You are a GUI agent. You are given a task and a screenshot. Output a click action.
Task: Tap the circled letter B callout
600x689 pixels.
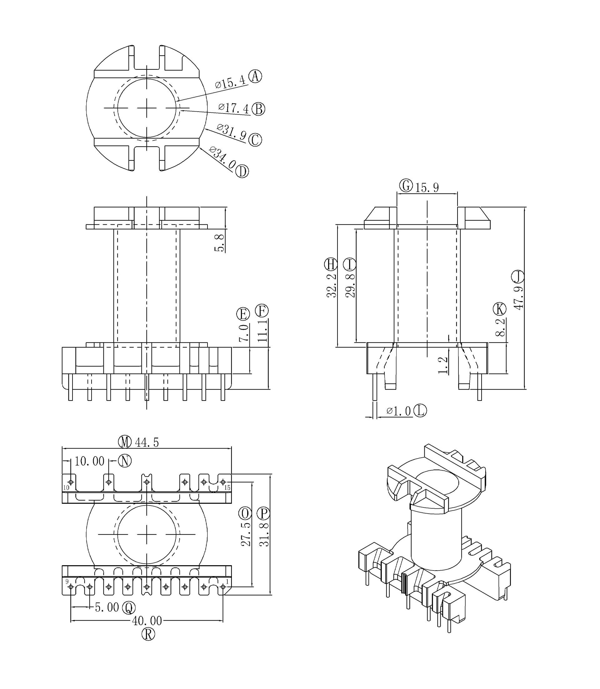258,109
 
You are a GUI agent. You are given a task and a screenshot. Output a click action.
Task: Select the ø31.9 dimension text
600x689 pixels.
231,132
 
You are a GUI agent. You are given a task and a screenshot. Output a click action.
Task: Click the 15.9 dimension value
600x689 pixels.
427,188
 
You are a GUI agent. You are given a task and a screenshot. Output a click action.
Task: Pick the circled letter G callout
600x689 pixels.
406,185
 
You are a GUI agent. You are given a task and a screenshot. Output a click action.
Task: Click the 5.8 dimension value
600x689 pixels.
220,243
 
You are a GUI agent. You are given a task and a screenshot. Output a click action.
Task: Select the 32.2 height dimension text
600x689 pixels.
332,285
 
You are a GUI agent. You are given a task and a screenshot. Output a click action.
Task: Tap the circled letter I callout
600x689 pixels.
350,264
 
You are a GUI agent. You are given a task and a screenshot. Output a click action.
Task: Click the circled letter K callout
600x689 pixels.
500,309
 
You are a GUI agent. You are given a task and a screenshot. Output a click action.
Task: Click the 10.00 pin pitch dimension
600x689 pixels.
89,461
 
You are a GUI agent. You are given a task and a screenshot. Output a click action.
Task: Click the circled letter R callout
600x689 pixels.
148,634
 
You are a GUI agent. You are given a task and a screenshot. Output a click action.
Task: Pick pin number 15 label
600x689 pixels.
227,488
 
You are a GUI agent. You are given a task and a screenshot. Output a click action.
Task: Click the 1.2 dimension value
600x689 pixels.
442,365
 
